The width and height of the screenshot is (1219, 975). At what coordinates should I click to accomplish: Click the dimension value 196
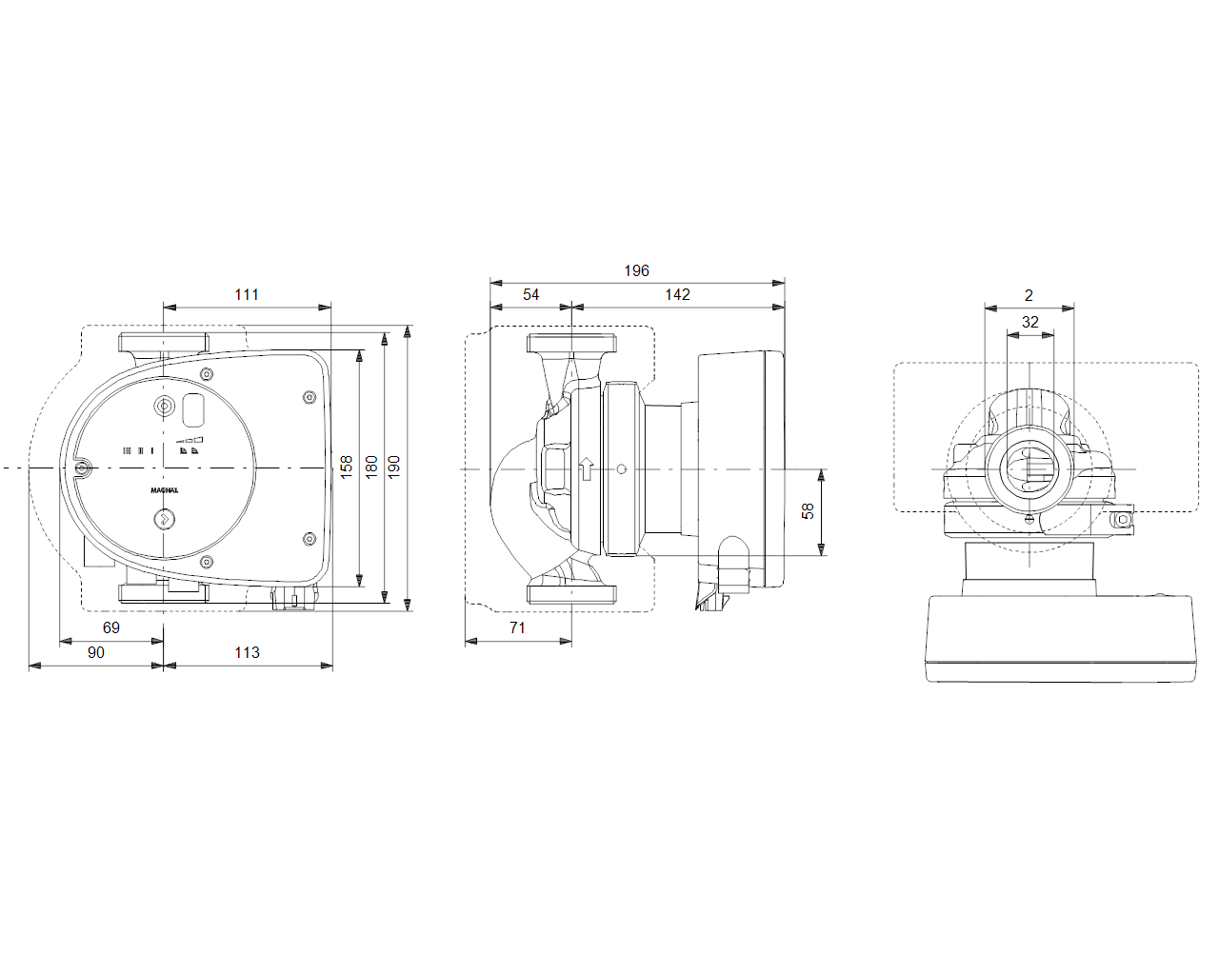coord(636,271)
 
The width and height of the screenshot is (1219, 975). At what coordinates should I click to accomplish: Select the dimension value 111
coord(247,295)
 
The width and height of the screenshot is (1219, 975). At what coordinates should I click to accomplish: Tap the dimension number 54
coord(530,295)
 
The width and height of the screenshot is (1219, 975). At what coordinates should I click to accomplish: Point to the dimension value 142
coord(677,295)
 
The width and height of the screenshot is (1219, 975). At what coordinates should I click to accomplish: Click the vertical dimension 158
coord(347,466)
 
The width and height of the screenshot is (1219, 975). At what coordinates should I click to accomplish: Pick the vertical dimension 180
coord(371,466)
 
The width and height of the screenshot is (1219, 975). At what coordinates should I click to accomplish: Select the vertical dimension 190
coord(394,466)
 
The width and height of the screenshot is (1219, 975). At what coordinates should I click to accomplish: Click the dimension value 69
coord(111,627)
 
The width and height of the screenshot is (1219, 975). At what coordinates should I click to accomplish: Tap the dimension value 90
coord(95,652)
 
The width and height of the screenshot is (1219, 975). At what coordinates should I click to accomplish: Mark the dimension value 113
coord(247,652)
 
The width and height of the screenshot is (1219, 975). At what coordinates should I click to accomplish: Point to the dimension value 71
coord(517,627)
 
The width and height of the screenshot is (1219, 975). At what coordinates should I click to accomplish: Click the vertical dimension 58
coord(808,511)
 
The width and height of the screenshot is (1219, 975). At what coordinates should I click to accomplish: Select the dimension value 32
coord(1029,323)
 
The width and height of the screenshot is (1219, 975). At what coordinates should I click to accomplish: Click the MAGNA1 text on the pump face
coord(164,490)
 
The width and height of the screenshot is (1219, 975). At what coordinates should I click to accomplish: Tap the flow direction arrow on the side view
coord(586,468)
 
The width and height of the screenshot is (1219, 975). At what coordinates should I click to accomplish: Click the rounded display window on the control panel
coord(193,409)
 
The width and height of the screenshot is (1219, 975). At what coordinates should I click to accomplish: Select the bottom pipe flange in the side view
coord(571,594)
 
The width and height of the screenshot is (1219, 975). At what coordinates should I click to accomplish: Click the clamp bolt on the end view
coord(1124,520)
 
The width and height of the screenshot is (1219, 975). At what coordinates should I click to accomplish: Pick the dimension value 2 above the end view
coord(1029,296)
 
